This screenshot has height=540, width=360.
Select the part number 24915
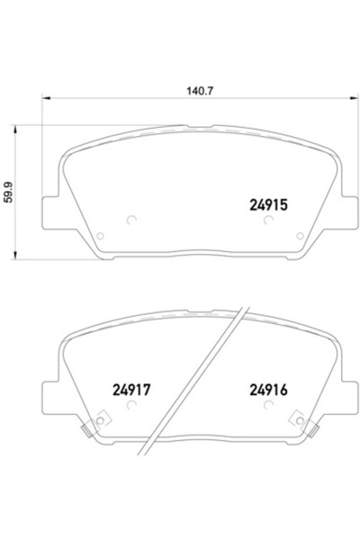tap(267, 204)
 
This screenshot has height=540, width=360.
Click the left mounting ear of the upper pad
tap(52, 212)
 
